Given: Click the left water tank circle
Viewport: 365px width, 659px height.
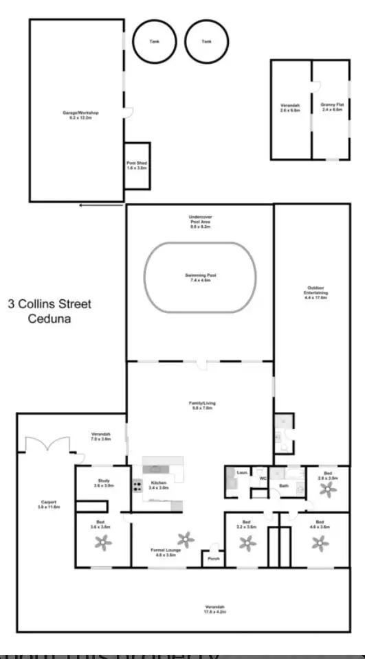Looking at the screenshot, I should point(154,41).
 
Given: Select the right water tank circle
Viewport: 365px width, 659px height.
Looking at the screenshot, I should point(206,41).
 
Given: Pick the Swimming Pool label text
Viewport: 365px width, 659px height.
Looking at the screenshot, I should point(200,275).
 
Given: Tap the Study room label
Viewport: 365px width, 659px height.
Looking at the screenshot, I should point(102,483).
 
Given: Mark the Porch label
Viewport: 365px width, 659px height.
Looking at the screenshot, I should point(212,557).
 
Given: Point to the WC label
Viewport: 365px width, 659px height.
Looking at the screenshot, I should point(262,478).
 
